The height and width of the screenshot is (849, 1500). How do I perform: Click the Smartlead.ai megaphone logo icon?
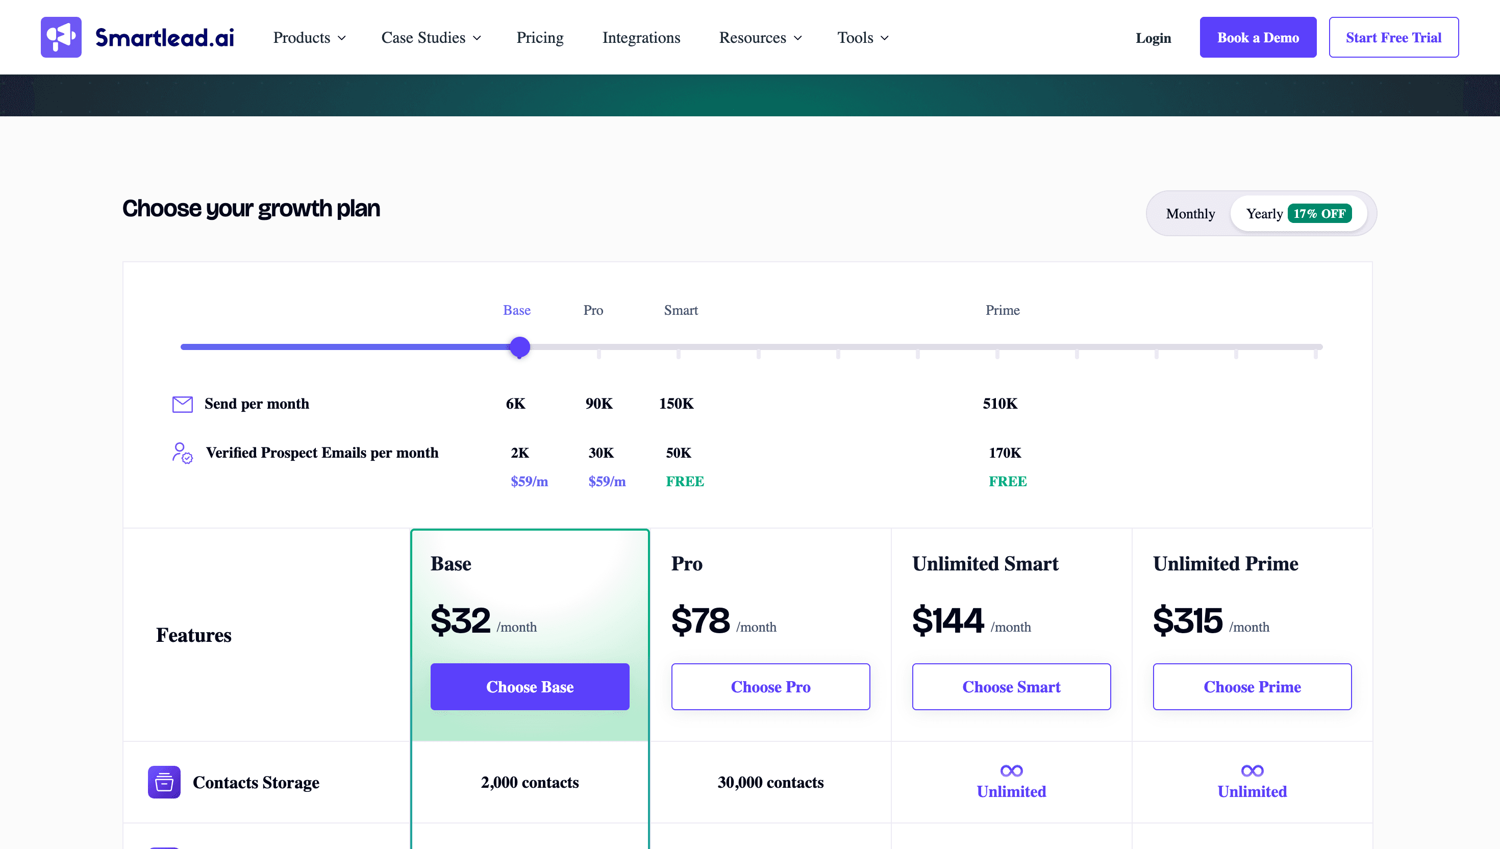pos(61,37)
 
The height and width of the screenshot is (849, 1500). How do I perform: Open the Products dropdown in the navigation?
pos(309,38)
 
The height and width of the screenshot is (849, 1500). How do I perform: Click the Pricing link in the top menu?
pos(539,38)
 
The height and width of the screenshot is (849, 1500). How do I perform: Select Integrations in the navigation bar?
pos(641,38)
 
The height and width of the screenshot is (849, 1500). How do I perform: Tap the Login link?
pos(1153,38)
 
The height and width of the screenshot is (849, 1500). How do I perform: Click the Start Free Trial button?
pos(1393,37)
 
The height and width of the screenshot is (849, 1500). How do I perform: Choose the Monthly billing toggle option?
pos(1190,213)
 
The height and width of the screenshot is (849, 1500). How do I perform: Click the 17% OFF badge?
pos(1319,213)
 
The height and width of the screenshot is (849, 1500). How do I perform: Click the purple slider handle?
pos(519,347)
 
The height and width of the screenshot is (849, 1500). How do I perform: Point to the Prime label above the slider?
pos(1002,310)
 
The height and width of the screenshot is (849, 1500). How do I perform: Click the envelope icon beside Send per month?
pos(182,404)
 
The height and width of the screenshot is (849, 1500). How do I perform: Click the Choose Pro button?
pos(770,686)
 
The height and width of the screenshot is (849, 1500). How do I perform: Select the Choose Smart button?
pos(1011,686)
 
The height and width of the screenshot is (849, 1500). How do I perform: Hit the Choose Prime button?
pos(1252,686)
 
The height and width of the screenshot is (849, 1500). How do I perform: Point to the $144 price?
pos(947,620)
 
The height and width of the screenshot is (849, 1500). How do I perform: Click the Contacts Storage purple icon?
pos(164,782)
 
